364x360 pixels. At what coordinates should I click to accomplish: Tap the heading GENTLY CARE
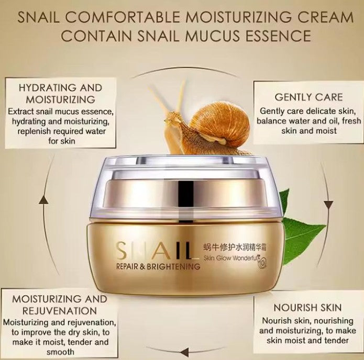click(x=302, y=97)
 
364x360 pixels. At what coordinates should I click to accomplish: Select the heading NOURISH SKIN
click(x=307, y=307)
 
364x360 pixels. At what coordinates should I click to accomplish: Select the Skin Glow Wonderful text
click(x=230, y=257)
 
